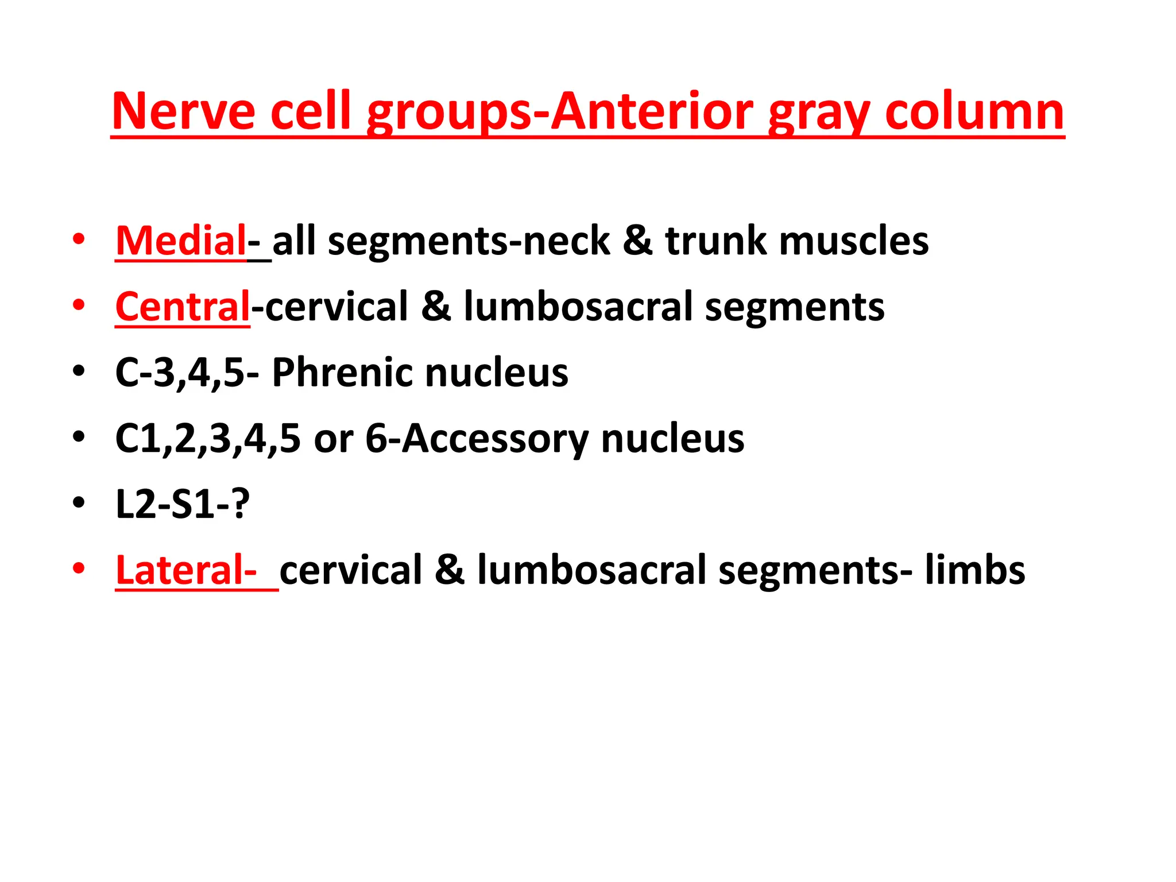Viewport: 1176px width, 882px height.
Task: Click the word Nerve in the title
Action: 183,111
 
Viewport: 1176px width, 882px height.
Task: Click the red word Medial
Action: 180,241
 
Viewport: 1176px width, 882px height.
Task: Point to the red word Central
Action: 183,307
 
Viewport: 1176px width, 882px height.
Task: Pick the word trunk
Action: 715,241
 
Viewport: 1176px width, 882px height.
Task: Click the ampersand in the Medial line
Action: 637,241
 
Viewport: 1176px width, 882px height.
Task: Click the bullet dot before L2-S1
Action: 79,502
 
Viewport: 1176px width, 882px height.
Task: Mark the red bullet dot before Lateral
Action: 79,568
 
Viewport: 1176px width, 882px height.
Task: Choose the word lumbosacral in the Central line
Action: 578,307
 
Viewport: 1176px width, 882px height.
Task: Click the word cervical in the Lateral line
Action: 350,570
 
